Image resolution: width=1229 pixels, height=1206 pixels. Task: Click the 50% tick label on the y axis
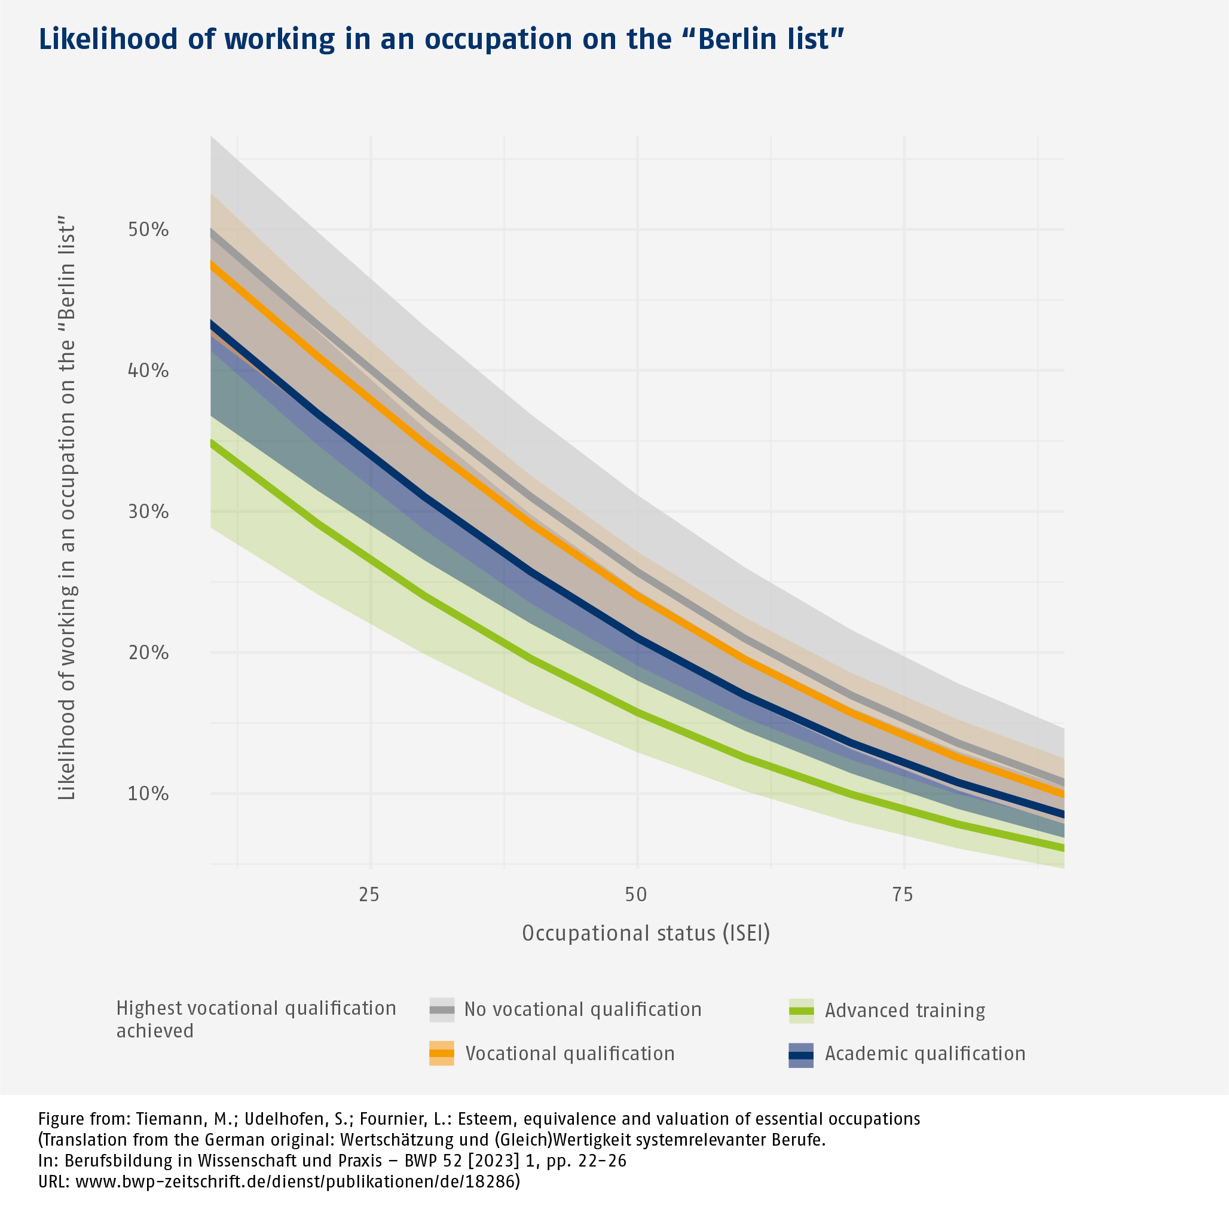pos(148,229)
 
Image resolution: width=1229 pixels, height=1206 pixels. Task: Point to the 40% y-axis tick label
pos(148,371)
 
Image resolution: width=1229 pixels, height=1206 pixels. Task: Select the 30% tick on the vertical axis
pos(148,512)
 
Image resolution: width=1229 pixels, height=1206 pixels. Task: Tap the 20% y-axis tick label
pos(148,653)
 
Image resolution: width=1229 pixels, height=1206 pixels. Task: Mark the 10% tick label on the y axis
pos(148,794)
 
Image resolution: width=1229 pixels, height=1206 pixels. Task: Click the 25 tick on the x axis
pos(369,895)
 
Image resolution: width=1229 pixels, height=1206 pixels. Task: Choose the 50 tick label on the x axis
pos(636,895)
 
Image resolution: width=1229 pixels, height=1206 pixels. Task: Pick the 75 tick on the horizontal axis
pos(903,895)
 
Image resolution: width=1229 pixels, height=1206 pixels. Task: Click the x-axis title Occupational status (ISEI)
pos(646,933)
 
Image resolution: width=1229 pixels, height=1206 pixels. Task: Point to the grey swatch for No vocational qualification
pos(442,1009)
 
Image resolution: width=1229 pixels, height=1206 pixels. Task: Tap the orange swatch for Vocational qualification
pos(442,1054)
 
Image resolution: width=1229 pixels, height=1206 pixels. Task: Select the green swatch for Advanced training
pos(801,1010)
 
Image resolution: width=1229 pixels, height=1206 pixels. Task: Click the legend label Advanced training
pos(904,1010)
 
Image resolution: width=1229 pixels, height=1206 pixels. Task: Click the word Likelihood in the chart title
pos(108,39)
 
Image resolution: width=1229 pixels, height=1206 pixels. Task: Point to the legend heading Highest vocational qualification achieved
pos(256,1020)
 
